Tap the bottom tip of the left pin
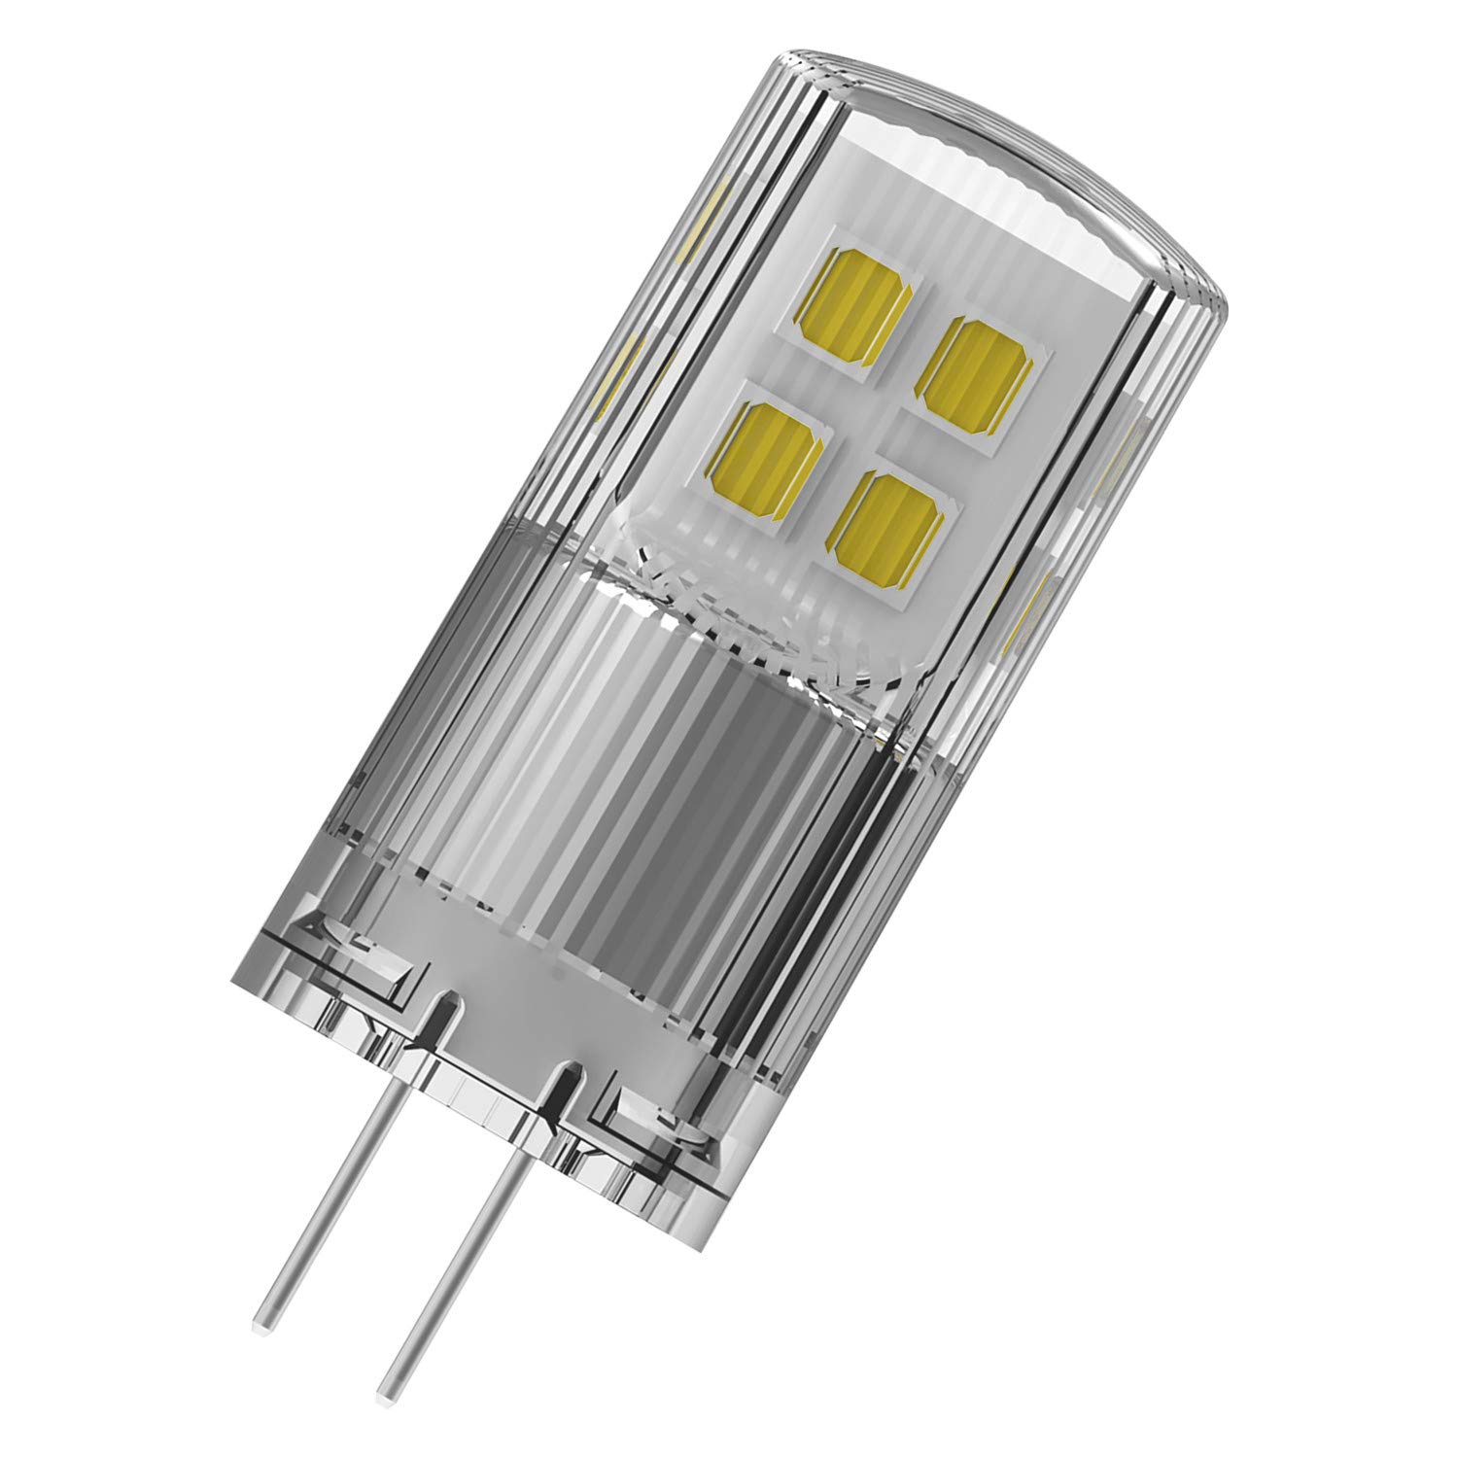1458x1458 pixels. point(261,1322)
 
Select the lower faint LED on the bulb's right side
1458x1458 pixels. point(1032,612)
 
